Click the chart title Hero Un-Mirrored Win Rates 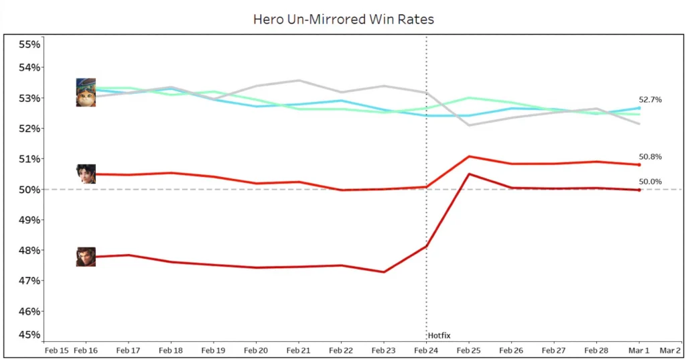343,19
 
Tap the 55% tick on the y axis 29,44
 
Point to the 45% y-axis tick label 29,335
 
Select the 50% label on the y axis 29,190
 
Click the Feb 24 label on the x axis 426,350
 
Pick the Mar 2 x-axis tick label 670,350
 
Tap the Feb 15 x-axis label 56,350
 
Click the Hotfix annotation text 439,335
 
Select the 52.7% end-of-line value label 650,100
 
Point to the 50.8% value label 650,157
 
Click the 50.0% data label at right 650,182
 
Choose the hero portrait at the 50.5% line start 86,174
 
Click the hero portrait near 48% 86,257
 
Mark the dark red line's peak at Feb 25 469,174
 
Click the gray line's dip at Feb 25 469,125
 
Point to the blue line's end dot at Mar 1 639,108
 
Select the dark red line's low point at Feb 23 384,272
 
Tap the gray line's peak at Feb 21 299,80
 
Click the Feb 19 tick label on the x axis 213,350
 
